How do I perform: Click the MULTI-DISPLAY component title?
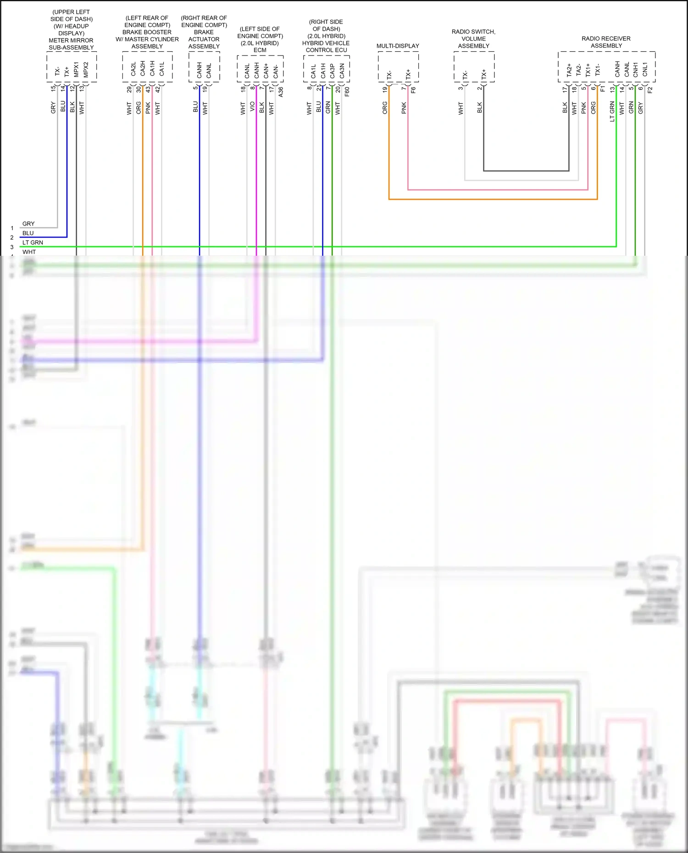pyautogui.click(x=398, y=46)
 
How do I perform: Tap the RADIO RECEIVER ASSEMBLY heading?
pyautogui.click(x=606, y=42)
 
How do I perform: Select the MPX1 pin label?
pyautogui.click(x=77, y=69)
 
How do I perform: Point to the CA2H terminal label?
pyautogui.click(x=143, y=69)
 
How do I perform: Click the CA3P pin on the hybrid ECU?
pyautogui.click(x=333, y=70)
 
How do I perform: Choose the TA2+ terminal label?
pyautogui.click(x=569, y=70)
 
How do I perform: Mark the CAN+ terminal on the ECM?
pyautogui.click(x=266, y=70)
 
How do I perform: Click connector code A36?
pyautogui.click(x=281, y=92)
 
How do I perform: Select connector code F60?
pyautogui.click(x=347, y=92)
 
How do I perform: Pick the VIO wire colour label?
pyautogui.click(x=252, y=107)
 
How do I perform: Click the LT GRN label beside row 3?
pyautogui.click(x=33, y=242)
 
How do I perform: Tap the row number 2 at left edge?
pyautogui.click(x=12, y=237)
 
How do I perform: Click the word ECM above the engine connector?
pyautogui.click(x=260, y=50)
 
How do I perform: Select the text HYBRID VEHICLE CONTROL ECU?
pyautogui.click(x=326, y=46)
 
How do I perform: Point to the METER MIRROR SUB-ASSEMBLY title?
pyautogui.click(x=71, y=44)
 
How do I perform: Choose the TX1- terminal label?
pyautogui.click(x=598, y=70)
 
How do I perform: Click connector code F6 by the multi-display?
pyautogui.click(x=413, y=90)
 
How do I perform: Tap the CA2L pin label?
pyautogui.click(x=133, y=69)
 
